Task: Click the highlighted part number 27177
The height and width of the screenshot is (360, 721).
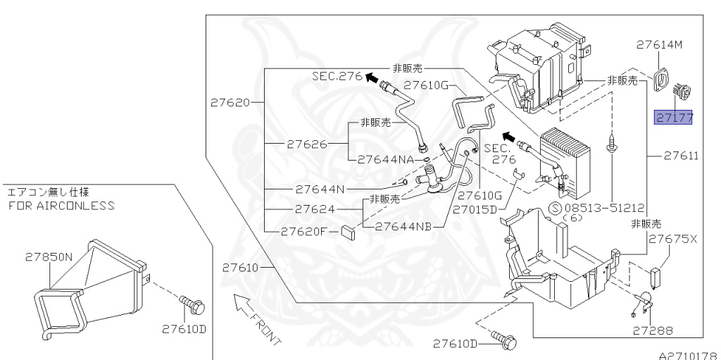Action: (674, 118)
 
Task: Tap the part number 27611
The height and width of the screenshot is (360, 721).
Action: (681, 156)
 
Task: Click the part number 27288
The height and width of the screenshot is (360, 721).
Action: (652, 329)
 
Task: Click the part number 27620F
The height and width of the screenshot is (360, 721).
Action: (304, 230)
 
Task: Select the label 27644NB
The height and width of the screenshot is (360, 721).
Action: (403, 227)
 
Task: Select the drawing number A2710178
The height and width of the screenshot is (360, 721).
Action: (687, 355)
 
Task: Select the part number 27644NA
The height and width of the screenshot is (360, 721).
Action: (385, 159)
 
